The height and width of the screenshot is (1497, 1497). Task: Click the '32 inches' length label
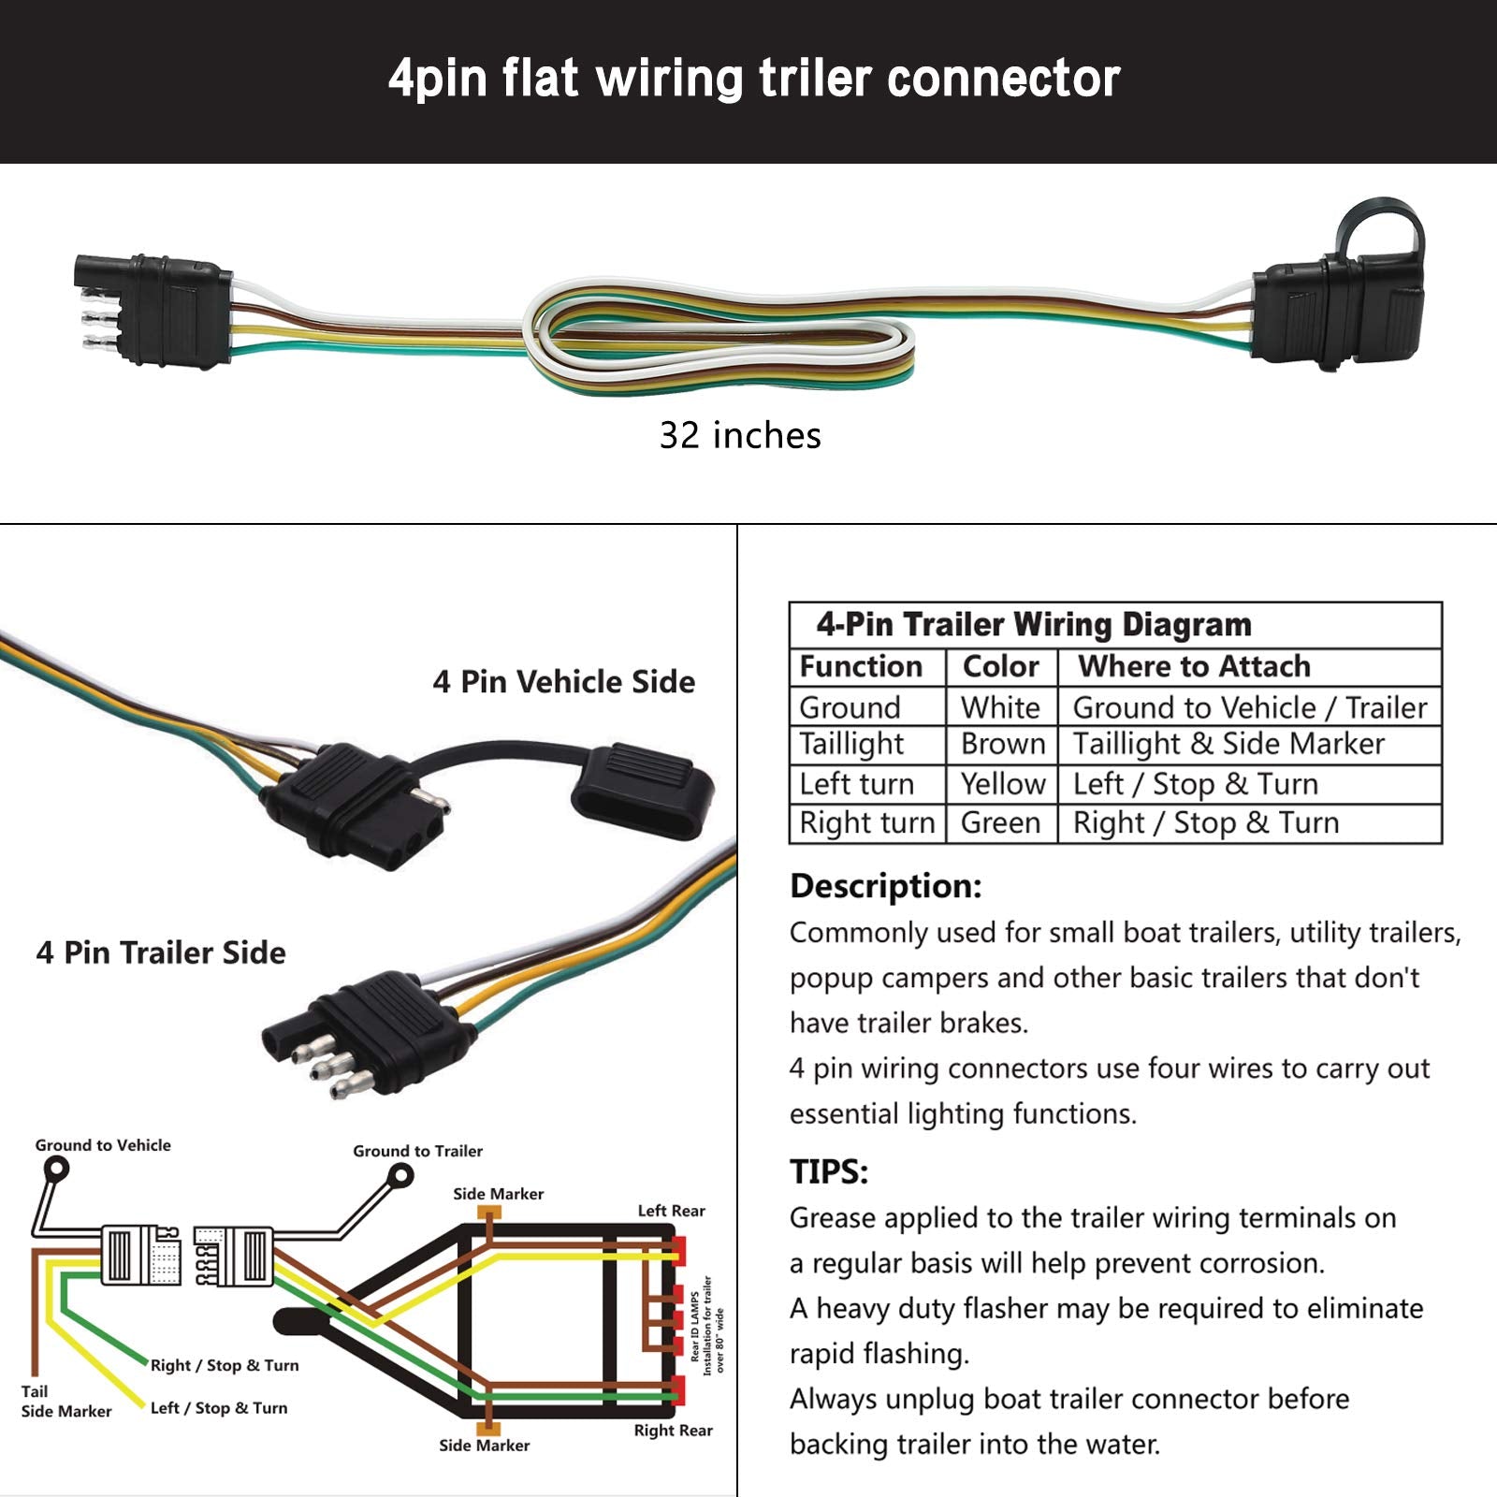coord(740,436)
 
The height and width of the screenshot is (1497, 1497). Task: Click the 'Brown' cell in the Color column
coord(1002,744)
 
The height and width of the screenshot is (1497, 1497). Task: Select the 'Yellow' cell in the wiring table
coord(1002,784)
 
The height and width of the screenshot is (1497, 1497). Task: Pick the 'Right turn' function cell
coord(866,823)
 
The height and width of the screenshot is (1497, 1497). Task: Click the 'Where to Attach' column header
coord(1194,667)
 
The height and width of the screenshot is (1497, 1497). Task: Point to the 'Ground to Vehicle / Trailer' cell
coord(1249,708)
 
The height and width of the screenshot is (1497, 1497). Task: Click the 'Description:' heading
coord(885,886)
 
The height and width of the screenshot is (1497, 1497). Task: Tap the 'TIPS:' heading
coord(829,1171)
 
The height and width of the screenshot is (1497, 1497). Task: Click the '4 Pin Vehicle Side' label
coord(563,682)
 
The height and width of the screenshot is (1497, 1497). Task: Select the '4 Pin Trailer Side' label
coord(161,952)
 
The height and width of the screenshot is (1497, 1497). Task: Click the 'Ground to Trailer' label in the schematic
coord(417,1152)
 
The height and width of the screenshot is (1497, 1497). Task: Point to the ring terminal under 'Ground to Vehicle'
coord(57,1170)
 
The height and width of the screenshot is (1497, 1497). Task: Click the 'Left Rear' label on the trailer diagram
coord(671,1211)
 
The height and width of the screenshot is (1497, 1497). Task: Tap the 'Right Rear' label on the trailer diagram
coord(673,1431)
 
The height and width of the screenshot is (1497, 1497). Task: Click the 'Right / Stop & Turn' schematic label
coord(225,1366)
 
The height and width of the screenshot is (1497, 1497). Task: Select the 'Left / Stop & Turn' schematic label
coord(219,1408)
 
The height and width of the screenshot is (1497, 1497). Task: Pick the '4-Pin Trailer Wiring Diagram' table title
coord(1033,625)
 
